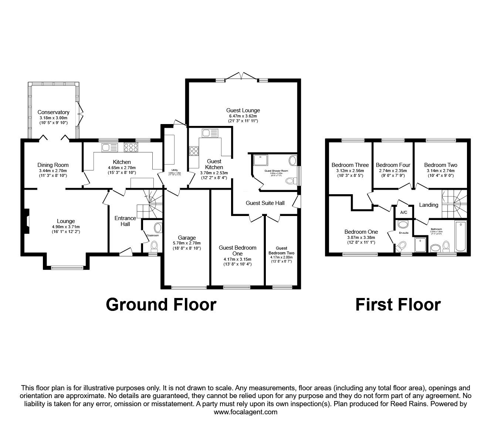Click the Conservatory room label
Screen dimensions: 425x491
tap(53, 112)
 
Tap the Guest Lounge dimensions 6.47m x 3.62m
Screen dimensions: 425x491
tap(243, 116)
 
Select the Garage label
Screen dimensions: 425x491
tap(187, 238)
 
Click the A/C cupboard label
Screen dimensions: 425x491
tap(404, 212)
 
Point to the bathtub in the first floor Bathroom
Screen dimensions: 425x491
tap(461, 237)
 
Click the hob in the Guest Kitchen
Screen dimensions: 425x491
tap(194, 151)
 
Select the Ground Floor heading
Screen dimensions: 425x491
tap(161, 305)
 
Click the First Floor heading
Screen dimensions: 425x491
tap(398, 305)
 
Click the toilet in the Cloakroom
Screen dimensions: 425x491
tap(154, 245)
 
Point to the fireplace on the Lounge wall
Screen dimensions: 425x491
tap(26, 222)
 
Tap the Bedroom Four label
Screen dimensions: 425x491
tap(393, 165)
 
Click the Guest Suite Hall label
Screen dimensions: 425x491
tap(265, 203)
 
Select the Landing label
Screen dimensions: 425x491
tap(428, 205)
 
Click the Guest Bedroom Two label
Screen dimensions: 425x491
tap(284, 251)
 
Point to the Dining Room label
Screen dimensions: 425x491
tap(53, 165)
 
